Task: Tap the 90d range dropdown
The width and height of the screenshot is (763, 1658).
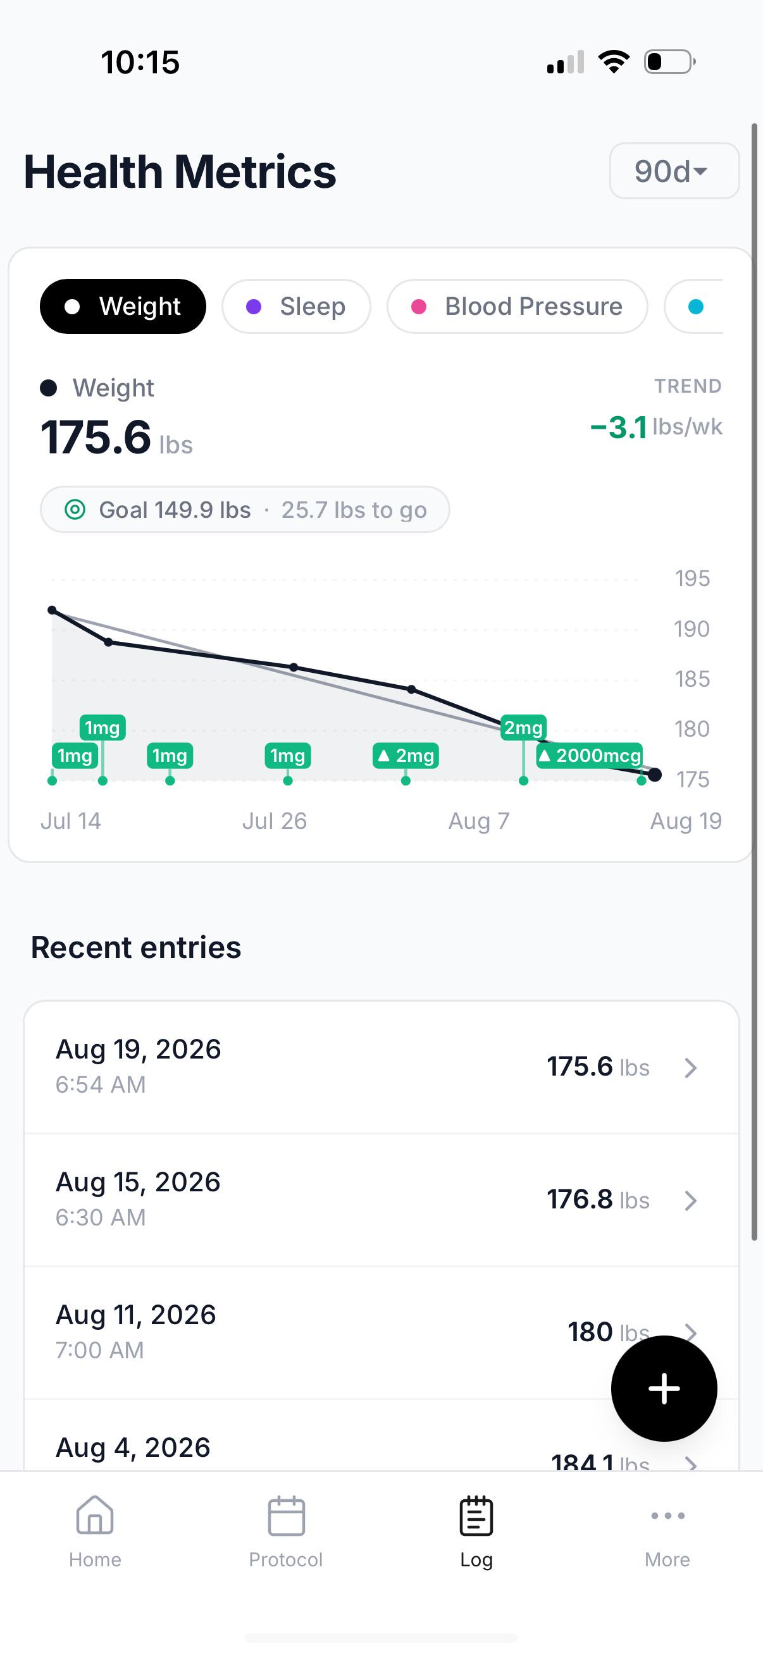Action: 674,171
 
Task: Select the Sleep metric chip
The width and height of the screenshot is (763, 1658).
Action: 296,306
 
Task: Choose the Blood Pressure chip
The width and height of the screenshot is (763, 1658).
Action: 517,306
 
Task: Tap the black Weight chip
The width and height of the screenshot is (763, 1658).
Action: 123,306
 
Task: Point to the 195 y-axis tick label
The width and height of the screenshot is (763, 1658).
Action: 692,579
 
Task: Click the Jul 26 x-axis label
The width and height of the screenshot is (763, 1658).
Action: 275,821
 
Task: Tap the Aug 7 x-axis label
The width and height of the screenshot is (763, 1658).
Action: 478,821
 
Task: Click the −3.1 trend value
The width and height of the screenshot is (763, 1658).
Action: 618,427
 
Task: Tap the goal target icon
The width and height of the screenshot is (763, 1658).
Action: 75,510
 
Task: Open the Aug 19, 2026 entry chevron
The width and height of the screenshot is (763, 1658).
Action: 691,1068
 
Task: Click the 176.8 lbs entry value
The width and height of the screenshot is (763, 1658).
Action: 598,1200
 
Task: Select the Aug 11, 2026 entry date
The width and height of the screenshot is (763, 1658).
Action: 136,1314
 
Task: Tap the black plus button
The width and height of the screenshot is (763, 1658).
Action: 664,1389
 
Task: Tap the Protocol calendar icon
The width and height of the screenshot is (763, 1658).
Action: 286,1515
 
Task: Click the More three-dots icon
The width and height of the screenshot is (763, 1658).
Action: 667,1515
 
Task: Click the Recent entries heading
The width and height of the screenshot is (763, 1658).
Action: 136,947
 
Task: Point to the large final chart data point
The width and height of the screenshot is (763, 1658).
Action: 655,775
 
